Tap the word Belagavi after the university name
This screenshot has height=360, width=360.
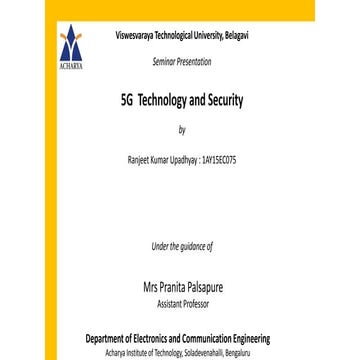[x=236, y=34]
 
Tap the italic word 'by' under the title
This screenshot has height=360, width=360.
[x=181, y=131]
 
